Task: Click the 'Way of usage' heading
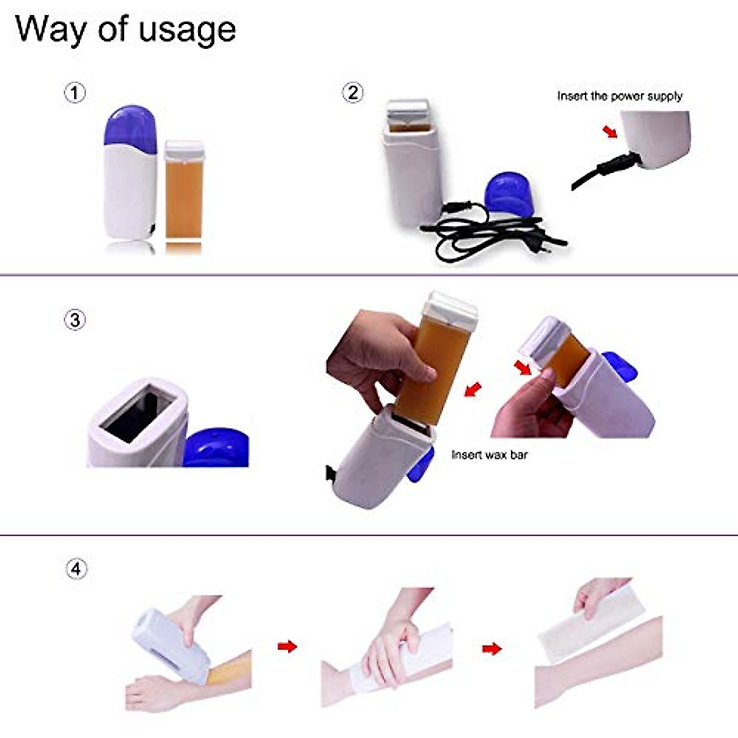pos(125,30)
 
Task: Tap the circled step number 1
pos(75,93)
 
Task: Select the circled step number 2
pos(352,93)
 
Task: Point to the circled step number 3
pos(75,320)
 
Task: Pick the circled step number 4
pos(76,569)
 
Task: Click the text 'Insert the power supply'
pos(619,96)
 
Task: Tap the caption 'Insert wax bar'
pos(490,455)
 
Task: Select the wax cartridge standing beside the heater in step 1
pos(184,191)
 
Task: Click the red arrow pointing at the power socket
pos(609,132)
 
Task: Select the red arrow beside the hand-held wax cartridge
pos(472,389)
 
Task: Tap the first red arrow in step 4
pos(287,646)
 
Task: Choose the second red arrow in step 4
pos(491,648)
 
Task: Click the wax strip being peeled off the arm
pos(590,624)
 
